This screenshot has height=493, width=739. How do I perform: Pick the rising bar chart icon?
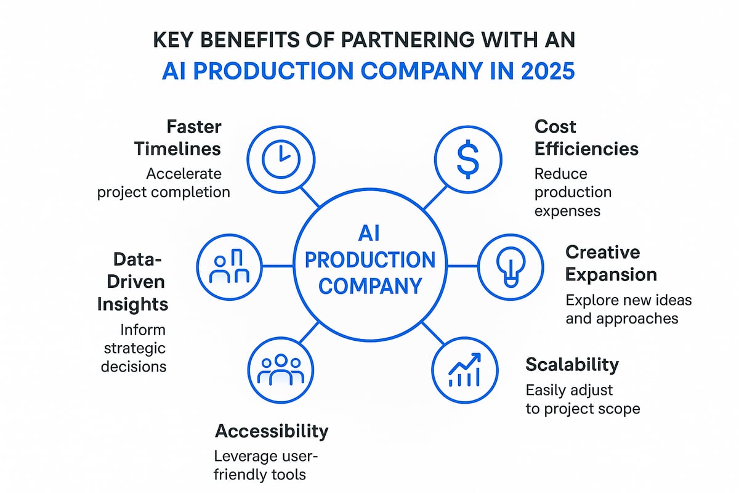point(465,371)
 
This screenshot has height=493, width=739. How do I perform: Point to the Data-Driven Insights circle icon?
point(228,266)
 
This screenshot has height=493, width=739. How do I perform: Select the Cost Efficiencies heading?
point(586,137)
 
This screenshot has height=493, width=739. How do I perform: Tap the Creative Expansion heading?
point(611,263)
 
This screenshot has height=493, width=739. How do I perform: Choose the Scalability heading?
point(571,364)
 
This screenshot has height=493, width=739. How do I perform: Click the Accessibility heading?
point(271,431)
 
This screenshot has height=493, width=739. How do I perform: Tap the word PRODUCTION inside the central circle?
point(369,259)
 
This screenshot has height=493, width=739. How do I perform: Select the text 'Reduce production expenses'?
point(573,192)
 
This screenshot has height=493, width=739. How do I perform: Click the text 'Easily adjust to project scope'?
point(582,399)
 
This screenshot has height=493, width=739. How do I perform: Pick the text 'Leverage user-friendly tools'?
point(267,466)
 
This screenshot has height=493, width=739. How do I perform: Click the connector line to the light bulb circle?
point(462,266)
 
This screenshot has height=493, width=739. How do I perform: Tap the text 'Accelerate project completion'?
point(163,183)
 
